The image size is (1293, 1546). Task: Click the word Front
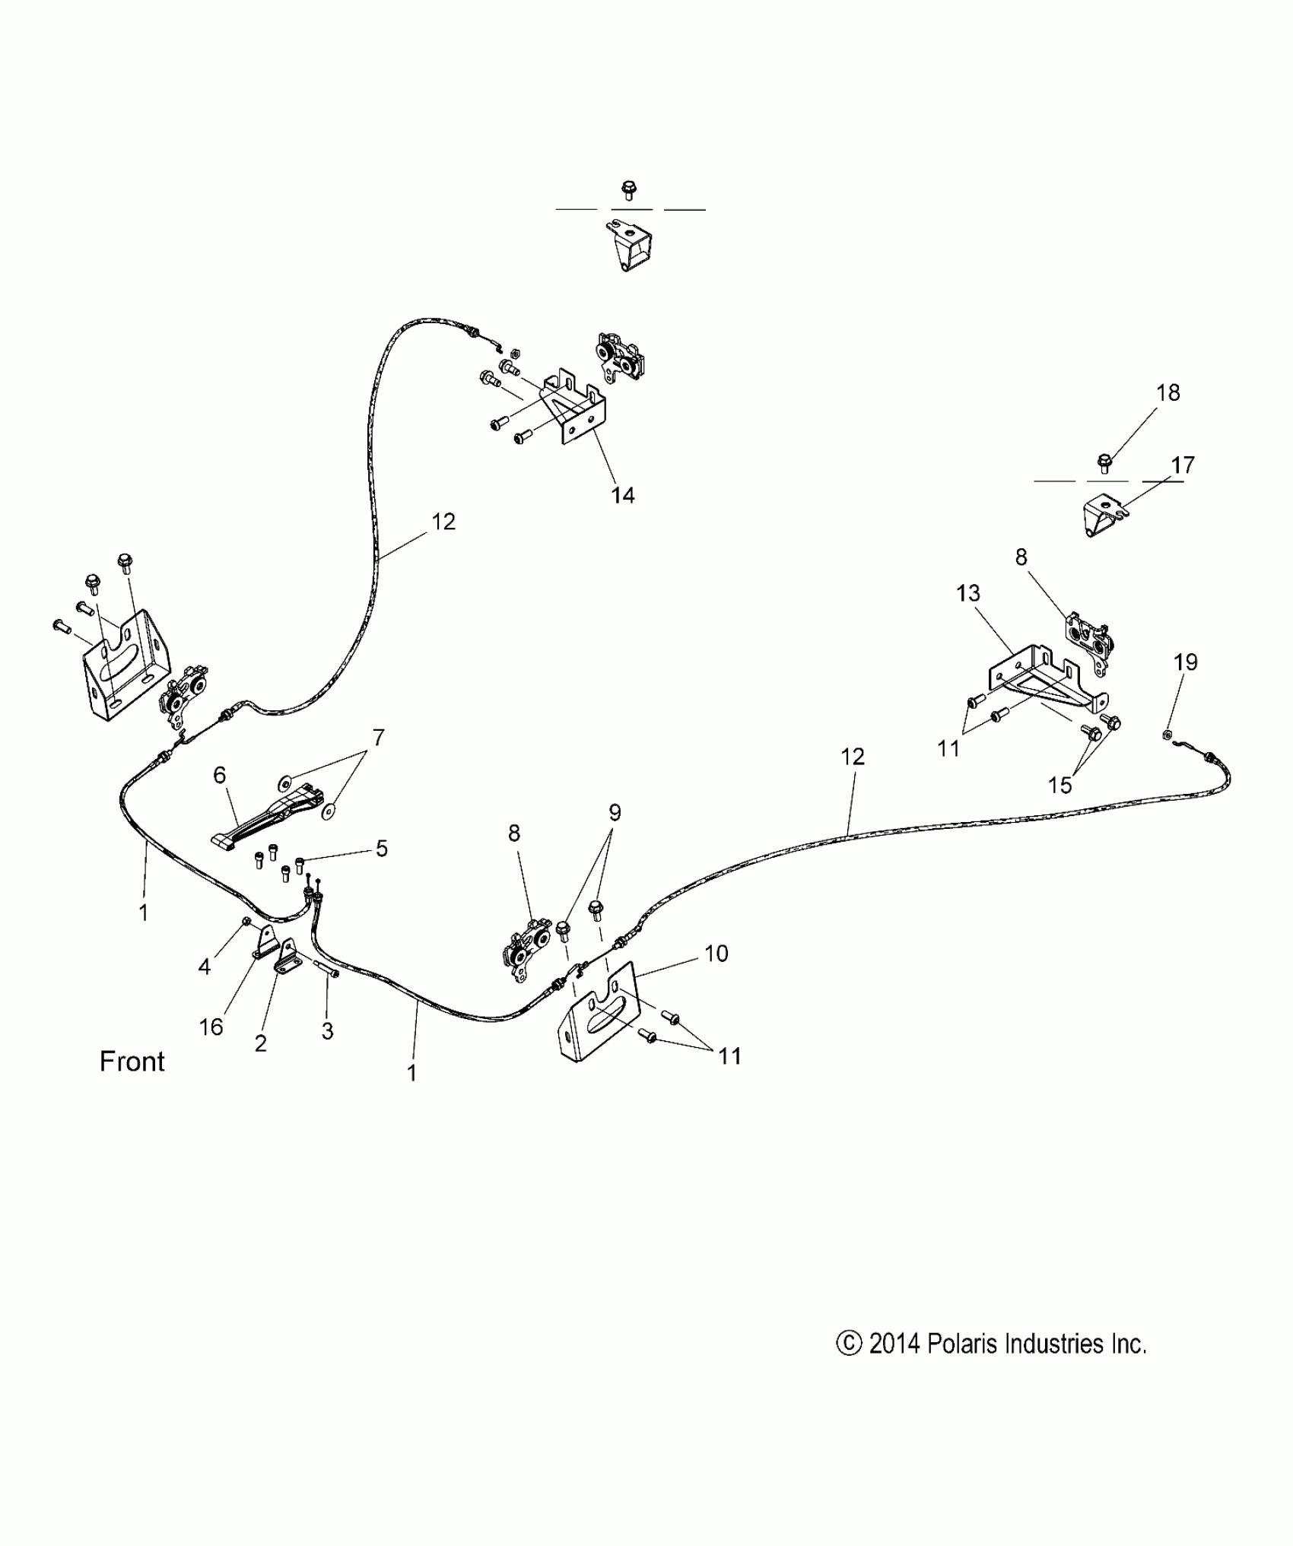click(x=132, y=1062)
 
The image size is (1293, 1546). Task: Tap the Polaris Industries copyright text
click(x=990, y=1344)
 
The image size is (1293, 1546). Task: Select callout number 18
click(x=1168, y=392)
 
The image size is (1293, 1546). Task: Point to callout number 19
click(x=1185, y=662)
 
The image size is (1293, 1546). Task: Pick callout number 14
click(x=622, y=495)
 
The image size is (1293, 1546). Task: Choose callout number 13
click(x=967, y=592)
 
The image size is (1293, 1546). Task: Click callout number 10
click(x=716, y=953)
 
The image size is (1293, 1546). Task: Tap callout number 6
click(x=219, y=775)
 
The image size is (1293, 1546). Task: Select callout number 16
click(x=211, y=1027)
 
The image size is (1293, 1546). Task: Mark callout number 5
click(x=381, y=848)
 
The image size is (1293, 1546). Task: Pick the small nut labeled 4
click(x=246, y=922)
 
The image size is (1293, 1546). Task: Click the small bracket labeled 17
click(x=1101, y=515)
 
